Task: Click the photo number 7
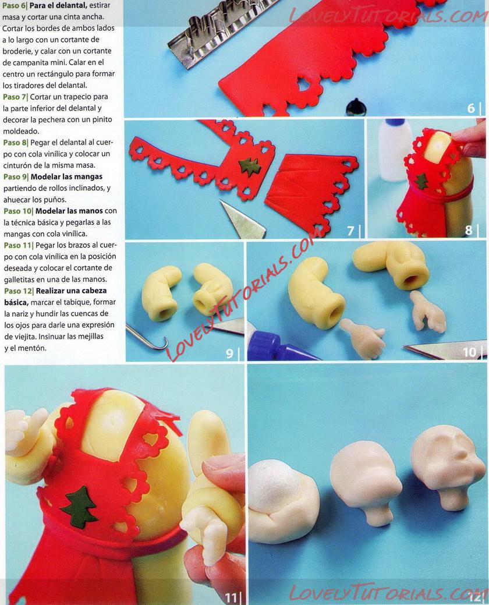click(x=350, y=231)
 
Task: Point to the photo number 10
click(x=469, y=352)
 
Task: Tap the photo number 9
click(x=229, y=353)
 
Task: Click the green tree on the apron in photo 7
click(x=250, y=167)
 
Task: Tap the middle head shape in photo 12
click(x=364, y=479)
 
